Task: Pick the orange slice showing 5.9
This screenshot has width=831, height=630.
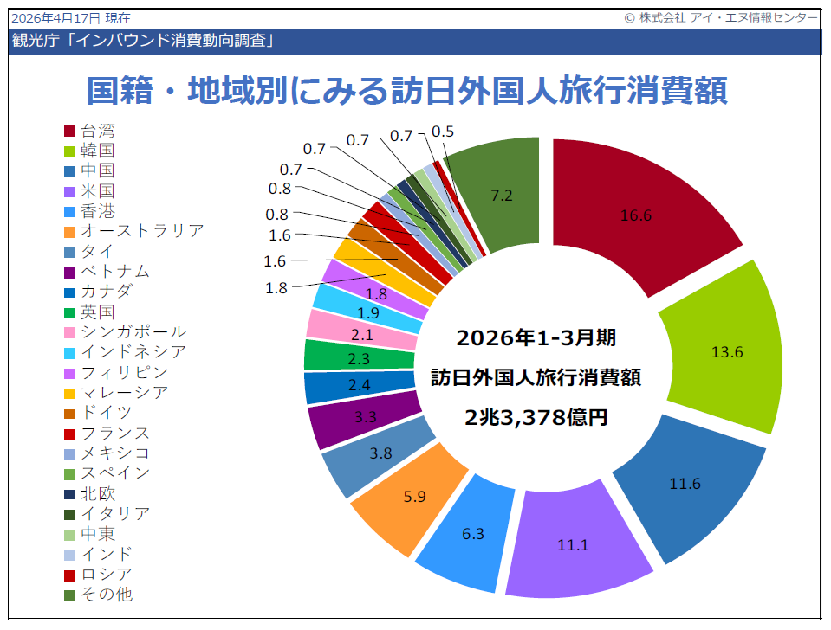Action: point(416,498)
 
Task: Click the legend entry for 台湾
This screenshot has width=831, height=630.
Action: point(97,131)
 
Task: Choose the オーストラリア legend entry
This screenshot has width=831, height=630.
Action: point(141,231)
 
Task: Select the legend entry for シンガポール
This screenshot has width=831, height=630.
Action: point(133,331)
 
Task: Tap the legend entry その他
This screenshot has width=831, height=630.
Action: point(107,595)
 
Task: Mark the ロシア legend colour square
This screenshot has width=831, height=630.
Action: point(69,575)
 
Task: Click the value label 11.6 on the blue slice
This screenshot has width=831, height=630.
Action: point(685,484)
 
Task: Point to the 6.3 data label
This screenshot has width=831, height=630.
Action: point(473,534)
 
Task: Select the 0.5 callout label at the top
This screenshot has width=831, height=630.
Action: point(443,132)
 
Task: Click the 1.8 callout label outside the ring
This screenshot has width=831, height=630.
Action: point(276,289)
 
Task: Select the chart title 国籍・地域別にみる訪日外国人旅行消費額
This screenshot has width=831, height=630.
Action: point(407,90)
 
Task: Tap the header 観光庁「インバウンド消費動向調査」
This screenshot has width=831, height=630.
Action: point(144,41)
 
